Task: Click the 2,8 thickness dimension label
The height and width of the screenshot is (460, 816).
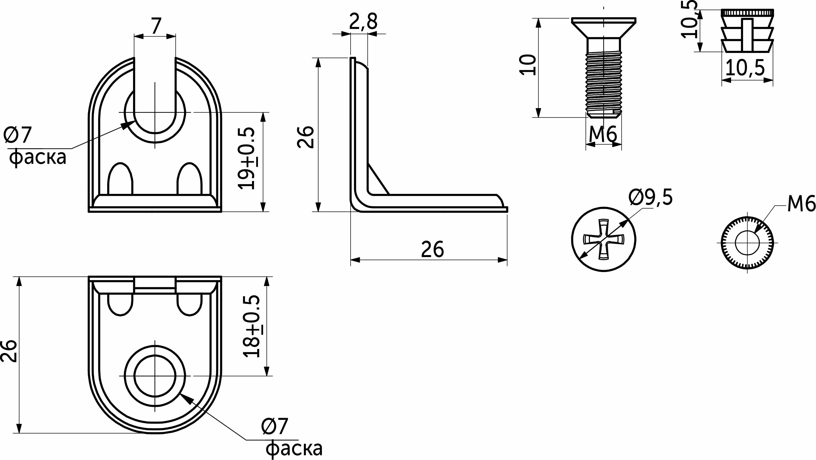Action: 364,22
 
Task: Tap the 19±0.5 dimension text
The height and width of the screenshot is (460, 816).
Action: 246,158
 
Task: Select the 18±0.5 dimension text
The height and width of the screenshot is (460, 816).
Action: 251,326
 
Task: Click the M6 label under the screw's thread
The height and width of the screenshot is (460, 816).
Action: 603,134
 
